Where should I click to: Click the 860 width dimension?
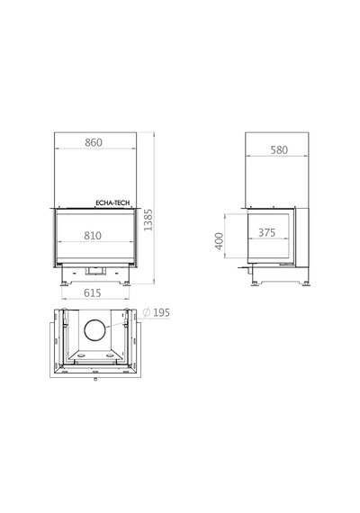pyautogui.click(x=94, y=142)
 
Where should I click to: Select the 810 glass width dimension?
pyautogui.click(x=93, y=236)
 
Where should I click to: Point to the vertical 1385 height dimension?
pyautogui.click(x=148, y=220)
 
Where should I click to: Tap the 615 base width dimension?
pyautogui.click(x=93, y=292)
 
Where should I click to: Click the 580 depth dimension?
pyautogui.click(x=279, y=150)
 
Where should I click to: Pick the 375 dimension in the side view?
pyautogui.click(x=267, y=232)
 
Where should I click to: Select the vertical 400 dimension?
pyautogui.click(x=220, y=241)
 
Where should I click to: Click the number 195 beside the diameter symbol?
pyautogui.click(x=162, y=313)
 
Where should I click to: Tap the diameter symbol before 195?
pyautogui.click(x=147, y=312)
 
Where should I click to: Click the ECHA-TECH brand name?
pyautogui.click(x=112, y=202)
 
